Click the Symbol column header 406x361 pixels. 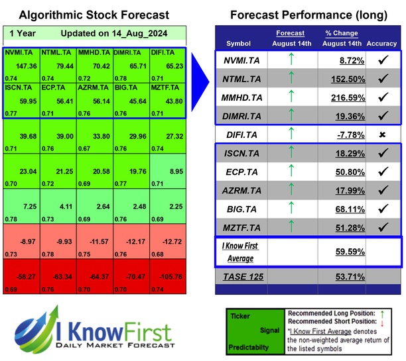pos(239,44)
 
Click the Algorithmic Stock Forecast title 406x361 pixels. pos(94,15)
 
